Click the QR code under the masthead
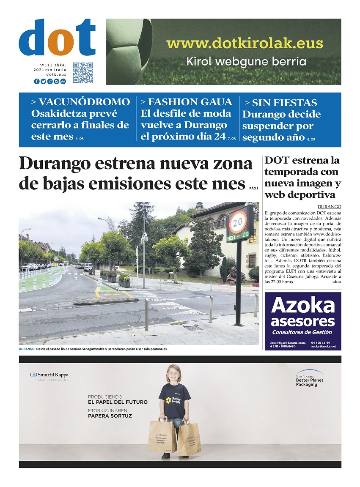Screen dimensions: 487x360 pos(82,73)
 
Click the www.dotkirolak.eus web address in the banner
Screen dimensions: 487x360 pos(245,43)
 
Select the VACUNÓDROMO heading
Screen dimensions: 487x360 pos(80,102)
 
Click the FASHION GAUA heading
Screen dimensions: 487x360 pos(186,102)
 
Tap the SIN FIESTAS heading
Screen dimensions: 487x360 pos(280,103)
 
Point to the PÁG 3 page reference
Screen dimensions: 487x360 pos(254,188)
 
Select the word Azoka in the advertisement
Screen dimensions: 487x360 pos(303,305)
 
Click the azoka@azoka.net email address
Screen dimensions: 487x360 pos(323,347)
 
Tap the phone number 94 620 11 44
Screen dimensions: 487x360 pos(320,342)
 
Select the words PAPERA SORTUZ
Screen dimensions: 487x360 pos(110,416)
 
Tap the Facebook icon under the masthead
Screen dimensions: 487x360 pos(37,81)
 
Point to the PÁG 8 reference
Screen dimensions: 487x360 pos(337,282)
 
